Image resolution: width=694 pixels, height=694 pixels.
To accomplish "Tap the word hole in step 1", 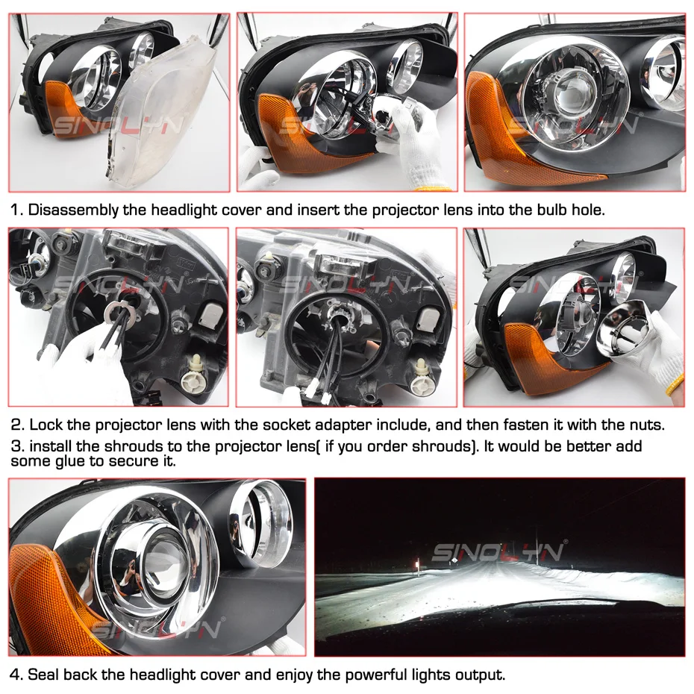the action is (588, 210).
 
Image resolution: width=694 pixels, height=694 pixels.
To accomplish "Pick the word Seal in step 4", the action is (44, 675).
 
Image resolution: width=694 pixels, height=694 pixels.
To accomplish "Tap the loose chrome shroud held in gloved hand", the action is (624, 328).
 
